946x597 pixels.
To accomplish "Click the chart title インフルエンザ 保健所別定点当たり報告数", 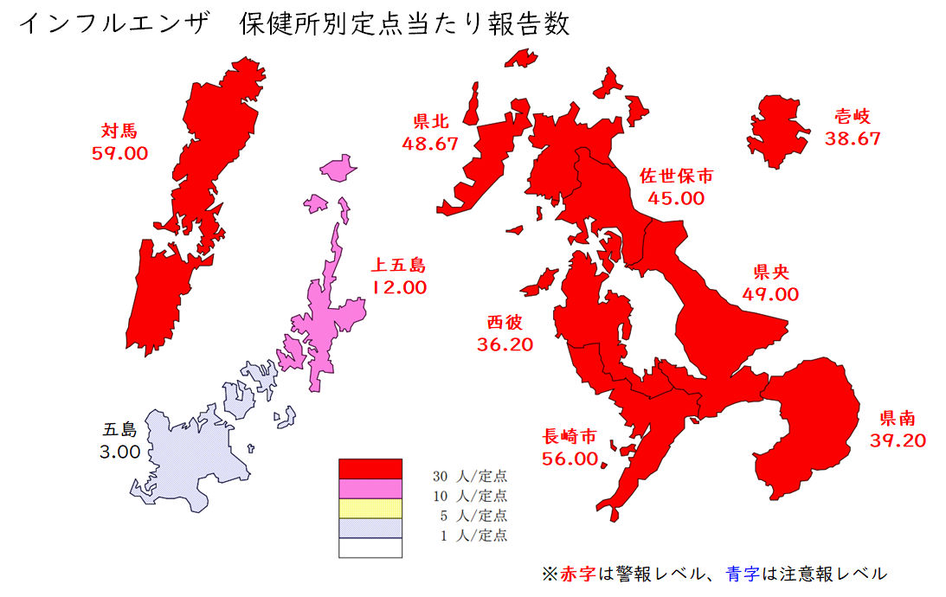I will tap(294, 24).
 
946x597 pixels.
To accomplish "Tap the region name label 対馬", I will tap(119, 132).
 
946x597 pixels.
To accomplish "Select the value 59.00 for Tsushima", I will tap(119, 153).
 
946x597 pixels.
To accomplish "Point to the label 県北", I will tap(430, 122).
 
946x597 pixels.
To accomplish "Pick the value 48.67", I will tap(430, 144).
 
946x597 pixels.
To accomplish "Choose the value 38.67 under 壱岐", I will tap(853, 138).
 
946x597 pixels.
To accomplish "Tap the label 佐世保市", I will tap(677, 176).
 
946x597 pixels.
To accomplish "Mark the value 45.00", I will tap(677, 197).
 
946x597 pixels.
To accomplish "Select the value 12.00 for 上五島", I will tap(399, 287).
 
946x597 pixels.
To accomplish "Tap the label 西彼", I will tap(505, 322).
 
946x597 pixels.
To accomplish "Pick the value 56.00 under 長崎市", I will tap(570, 459).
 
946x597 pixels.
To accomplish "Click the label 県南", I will tap(898, 419).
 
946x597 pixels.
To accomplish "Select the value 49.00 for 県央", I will tap(770, 293).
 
